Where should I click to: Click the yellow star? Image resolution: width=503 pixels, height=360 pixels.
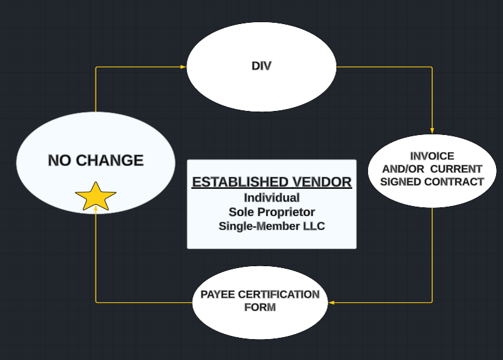96,197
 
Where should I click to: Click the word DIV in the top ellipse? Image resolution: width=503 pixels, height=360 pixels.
261,66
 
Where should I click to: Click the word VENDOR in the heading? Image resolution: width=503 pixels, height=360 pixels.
322,182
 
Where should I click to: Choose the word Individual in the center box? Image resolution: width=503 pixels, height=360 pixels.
271,198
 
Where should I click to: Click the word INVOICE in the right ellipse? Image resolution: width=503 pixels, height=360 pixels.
432,156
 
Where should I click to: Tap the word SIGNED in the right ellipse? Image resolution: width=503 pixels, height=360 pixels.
401,182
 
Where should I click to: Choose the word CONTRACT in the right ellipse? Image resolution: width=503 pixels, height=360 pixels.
454,182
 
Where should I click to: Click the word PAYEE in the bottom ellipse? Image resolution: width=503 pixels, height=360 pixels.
218,295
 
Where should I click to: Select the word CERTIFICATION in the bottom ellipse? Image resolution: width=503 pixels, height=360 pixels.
278,295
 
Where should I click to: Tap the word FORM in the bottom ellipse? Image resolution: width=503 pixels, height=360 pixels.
260,307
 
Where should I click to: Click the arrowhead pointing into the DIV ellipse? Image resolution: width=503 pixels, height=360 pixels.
183,67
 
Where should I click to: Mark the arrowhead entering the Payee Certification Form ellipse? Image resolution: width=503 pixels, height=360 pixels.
332,302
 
